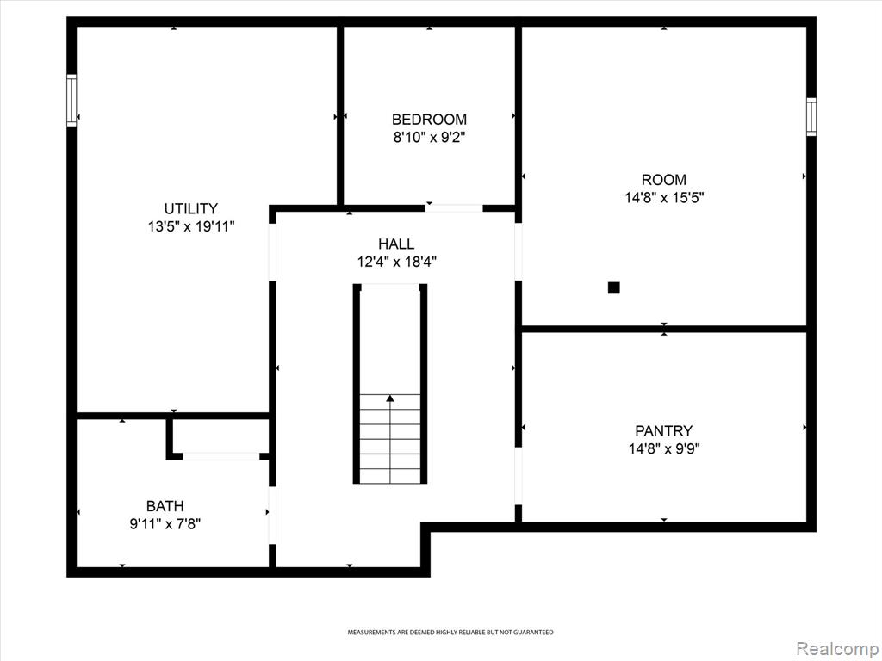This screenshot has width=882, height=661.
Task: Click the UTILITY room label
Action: [x=190, y=208]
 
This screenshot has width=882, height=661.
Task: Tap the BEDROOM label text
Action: [x=429, y=119]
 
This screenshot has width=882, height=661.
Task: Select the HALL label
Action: [x=396, y=244]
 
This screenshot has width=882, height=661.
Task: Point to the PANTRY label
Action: [x=664, y=431]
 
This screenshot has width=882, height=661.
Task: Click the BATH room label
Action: [x=165, y=506]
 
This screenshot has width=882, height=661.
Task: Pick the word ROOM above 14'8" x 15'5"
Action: [x=664, y=180]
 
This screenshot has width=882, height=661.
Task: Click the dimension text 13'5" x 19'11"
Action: [x=190, y=226]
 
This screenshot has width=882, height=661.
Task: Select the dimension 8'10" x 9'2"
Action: [x=429, y=137]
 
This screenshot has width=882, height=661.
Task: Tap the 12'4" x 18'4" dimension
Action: [x=396, y=262]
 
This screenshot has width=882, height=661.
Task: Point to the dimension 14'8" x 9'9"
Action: [x=664, y=449]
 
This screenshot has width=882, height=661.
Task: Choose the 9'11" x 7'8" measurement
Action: [x=165, y=524]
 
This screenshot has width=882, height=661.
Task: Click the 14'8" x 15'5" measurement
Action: [x=664, y=198]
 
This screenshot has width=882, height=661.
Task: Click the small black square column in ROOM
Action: [x=613, y=287]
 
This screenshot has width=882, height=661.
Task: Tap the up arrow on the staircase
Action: [x=390, y=398]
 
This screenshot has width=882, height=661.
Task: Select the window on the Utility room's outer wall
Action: [x=71, y=101]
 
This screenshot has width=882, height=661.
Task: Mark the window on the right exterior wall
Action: [x=811, y=117]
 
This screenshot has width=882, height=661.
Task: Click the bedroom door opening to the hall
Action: [x=453, y=208]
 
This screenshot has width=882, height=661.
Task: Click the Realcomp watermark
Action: [x=837, y=648]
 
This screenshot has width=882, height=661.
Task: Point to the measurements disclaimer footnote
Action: [x=450, y=633]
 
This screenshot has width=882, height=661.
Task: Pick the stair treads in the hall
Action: [x=390, y=438]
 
